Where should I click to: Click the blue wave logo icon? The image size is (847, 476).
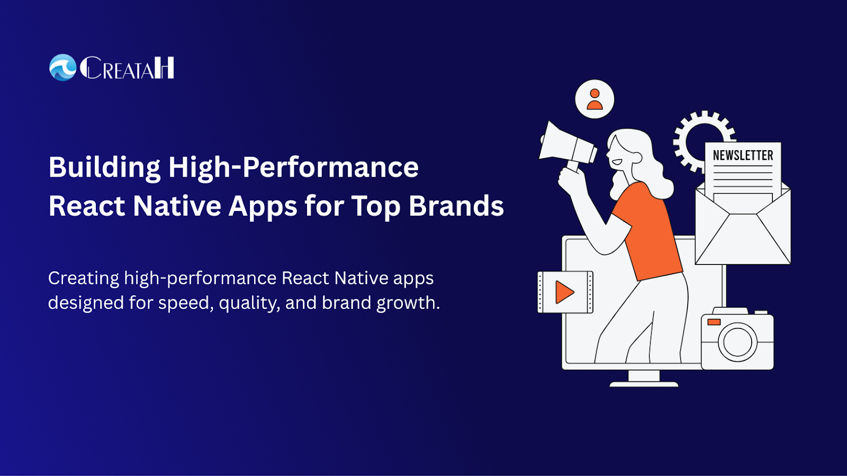tap(63, 68)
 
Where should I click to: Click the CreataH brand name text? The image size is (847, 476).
tap(127, 68)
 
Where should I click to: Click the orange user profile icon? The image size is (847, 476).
tap(594, 99)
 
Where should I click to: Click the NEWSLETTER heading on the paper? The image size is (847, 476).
tap(743, 155)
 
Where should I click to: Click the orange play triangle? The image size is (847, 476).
tap(564, 292)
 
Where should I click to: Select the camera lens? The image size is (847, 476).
tap(737, 342)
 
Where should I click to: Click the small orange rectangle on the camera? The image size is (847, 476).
tap(714, 322)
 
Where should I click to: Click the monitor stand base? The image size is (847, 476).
tap(644, 384)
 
